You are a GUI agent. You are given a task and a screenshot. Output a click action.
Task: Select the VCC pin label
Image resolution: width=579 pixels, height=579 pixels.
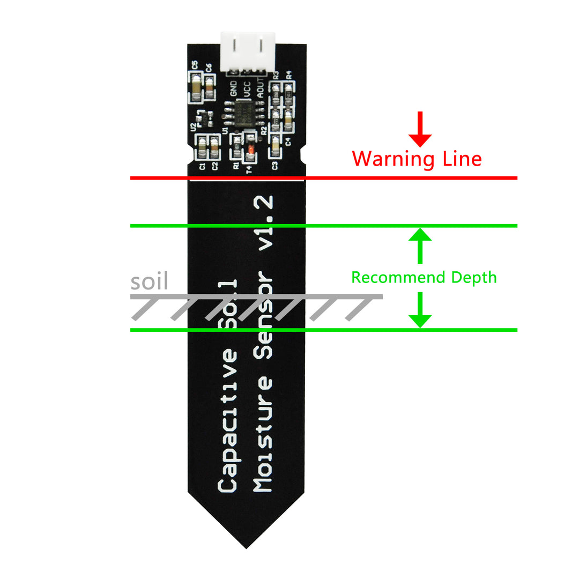pos(247,89)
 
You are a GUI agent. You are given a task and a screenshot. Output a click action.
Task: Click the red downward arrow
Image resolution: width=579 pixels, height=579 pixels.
pos(420,129)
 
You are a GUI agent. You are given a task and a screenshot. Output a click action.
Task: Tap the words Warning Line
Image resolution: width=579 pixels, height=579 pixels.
pos(417,159)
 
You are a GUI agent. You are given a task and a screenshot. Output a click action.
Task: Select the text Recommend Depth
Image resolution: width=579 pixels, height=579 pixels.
pos(424,278)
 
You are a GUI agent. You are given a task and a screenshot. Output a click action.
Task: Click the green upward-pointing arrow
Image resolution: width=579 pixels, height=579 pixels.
pos(420,246)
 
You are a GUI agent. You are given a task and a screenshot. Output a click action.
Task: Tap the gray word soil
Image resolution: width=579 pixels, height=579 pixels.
pos(149,282)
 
